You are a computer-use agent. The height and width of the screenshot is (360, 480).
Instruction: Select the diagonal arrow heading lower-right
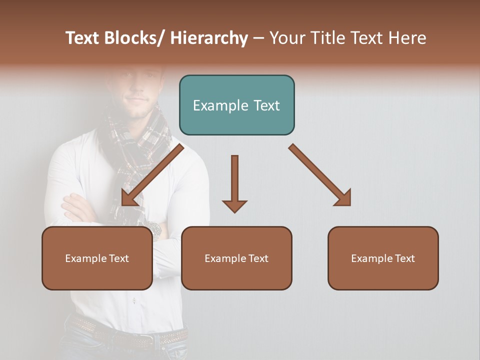[x=320, y=175]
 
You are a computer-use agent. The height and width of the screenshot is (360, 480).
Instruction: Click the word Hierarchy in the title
[x=209, y=38]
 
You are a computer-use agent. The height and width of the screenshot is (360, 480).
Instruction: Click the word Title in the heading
[x=328, y=38]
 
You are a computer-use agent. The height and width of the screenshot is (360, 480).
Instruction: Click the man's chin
[x=137, y=114]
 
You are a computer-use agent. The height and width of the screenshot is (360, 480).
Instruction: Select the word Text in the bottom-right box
[x=404, y=258]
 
